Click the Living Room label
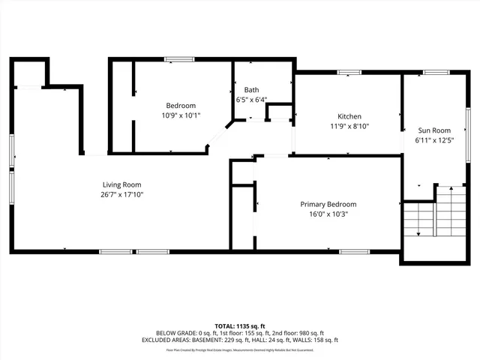(x=121, y=184)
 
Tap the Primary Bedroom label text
(x=328, y=204)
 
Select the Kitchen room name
(x=349, y=116)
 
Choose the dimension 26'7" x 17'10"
(x=121, y=194)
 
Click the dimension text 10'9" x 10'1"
(x=181, y=115)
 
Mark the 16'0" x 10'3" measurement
(x=328, y=214)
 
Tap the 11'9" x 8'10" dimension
(x=349, y=126)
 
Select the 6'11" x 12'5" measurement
(x=434, y=139)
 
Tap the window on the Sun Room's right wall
(x=467, y=128)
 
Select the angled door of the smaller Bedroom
(x=219, y=138)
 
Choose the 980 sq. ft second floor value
(x=310, y=333)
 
